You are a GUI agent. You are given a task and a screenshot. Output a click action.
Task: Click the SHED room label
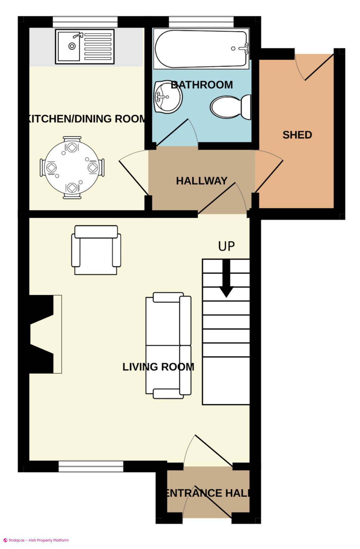(297, 135)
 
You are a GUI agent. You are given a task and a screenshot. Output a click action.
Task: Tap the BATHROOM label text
(202, 85)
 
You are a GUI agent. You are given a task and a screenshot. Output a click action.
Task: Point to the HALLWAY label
(202, 181)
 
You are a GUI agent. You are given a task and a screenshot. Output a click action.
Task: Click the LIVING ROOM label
(158, 367)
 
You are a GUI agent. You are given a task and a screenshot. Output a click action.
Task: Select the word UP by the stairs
(227, 246)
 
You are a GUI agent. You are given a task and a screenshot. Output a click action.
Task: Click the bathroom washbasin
(168, 97)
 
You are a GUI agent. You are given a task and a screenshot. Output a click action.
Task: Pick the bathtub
(201, 49)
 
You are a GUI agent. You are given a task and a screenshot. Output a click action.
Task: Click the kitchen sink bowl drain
(72, 46)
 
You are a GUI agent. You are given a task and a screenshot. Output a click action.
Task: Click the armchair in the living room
(96, 250)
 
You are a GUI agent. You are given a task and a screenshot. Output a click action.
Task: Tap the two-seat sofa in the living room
(168, 345)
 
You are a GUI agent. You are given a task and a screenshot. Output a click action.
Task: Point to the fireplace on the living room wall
(46, 334)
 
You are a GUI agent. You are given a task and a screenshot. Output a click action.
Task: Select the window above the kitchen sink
(85, 22)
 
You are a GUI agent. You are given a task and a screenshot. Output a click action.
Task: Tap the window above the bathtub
(201, 22)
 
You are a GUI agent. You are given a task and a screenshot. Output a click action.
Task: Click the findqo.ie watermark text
(36, 540)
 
